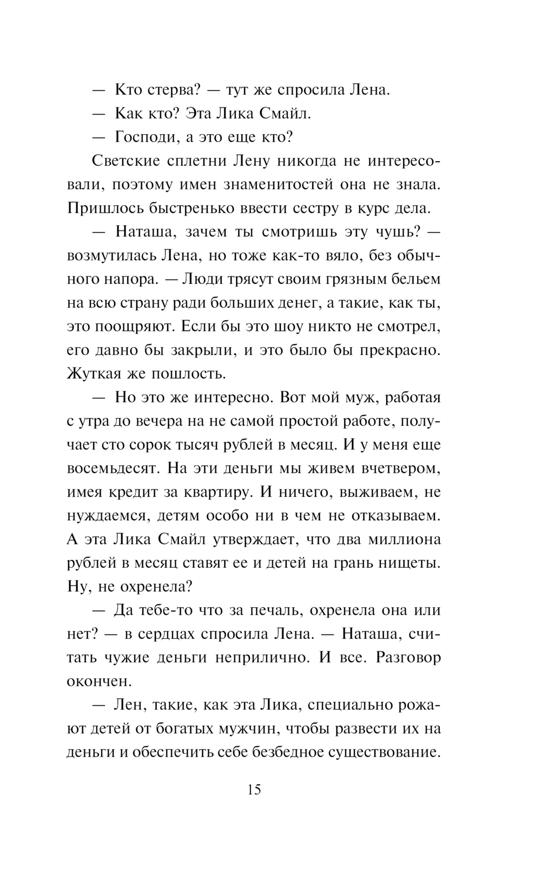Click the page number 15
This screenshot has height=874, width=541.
[254, 790]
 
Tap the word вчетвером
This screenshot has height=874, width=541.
[394, 468]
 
